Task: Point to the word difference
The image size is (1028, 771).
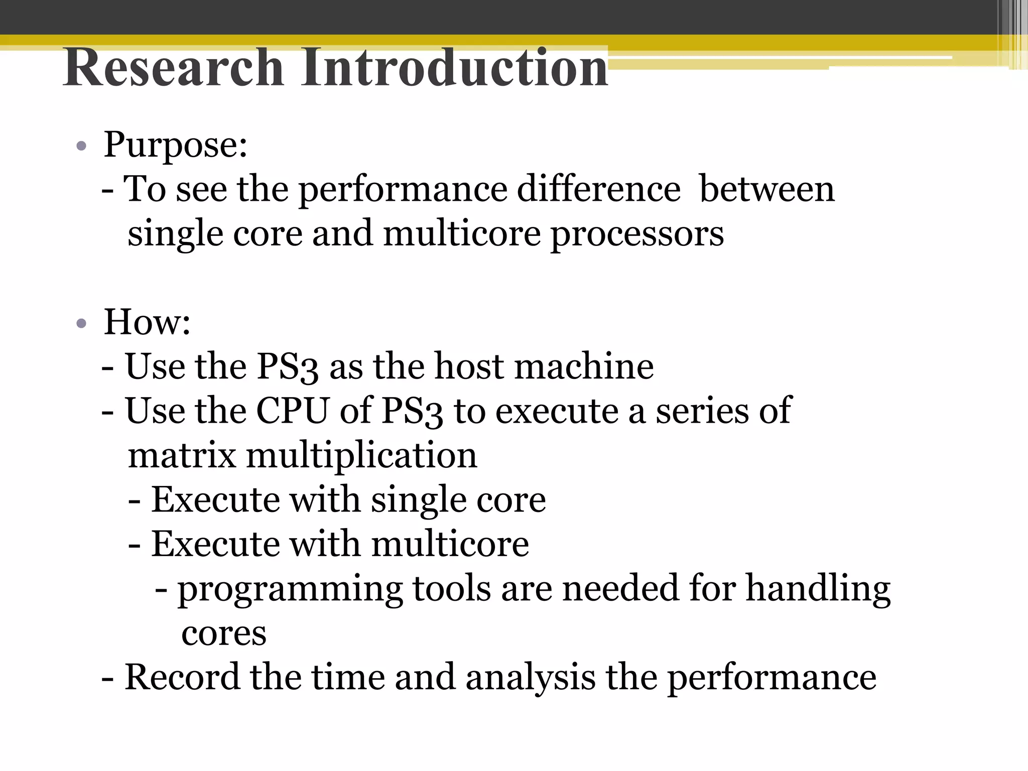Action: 598,189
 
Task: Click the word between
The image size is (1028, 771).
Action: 766,189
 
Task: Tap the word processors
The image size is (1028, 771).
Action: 637,234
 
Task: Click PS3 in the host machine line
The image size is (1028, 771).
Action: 287,367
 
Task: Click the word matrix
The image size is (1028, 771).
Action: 182,455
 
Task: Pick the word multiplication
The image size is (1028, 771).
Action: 361,456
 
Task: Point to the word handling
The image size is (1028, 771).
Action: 818,588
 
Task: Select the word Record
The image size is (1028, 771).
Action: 182,677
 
